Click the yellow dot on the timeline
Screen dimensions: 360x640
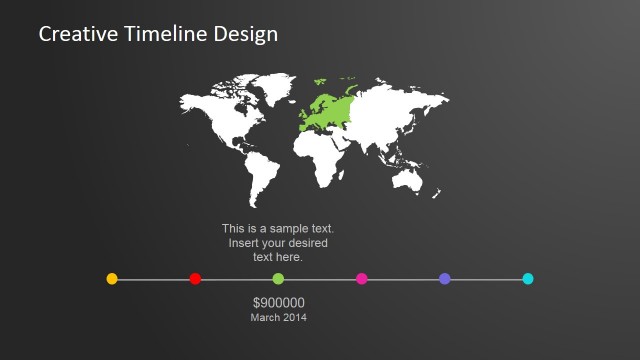[112, 279]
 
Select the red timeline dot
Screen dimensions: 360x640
[195, 279]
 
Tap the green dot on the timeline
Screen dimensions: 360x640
[278, 279]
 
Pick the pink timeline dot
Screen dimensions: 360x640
[362, 279]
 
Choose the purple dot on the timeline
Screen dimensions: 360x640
[445, 279]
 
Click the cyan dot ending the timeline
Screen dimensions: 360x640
[528, 279]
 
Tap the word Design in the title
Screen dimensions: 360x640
[246, 35]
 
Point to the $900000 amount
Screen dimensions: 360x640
[279, 303]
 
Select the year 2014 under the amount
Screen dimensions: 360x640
[295, 317]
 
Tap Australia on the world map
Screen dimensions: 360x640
[410, 180]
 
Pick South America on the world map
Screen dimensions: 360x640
[263, 178]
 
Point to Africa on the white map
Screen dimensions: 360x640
[322, 155]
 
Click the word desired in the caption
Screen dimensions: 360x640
[306, 243]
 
